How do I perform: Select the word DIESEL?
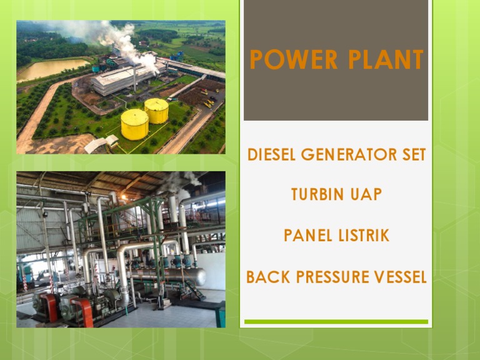pos(269,155)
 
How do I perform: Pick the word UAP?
pos(366,195)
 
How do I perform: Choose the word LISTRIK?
pos(362,236)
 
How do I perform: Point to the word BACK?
pos(267,277)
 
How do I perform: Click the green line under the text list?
pos(336,322)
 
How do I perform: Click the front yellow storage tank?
pos(134,124)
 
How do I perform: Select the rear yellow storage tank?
pos(156,111)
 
